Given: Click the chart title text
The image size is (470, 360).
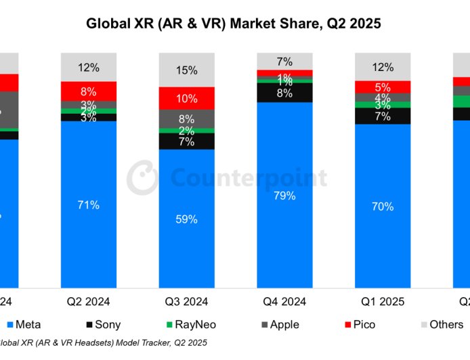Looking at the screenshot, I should point(234,24).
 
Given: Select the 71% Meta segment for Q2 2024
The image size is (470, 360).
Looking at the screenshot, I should point(89,204).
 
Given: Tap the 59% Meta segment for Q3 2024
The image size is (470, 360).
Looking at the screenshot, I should point(186,219).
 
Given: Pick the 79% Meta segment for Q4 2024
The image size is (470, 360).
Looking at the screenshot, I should point(284,196).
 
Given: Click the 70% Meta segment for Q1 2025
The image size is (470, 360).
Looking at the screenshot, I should point(383,206).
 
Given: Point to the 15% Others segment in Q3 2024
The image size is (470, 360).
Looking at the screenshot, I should point(186,70).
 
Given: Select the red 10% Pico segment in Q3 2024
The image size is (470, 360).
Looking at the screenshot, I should point(186,99).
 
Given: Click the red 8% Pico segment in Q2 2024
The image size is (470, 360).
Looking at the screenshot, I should point(89,91).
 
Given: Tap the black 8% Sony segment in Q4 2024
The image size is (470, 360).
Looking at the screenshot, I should point(284,93).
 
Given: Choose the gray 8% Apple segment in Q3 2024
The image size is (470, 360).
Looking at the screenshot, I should point(186,119).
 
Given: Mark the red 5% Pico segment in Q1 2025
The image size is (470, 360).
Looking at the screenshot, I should point(383,87).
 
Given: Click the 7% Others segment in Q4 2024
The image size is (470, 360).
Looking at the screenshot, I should point(284,61).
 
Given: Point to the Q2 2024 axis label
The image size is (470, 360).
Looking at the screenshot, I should point(89,301).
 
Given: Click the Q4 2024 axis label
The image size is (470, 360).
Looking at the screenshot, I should point(284,301).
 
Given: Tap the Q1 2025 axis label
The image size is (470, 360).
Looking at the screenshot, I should point(383,301).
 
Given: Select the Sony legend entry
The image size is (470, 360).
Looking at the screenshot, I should point(104,325).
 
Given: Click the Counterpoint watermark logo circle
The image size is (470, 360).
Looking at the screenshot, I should point(143,177).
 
